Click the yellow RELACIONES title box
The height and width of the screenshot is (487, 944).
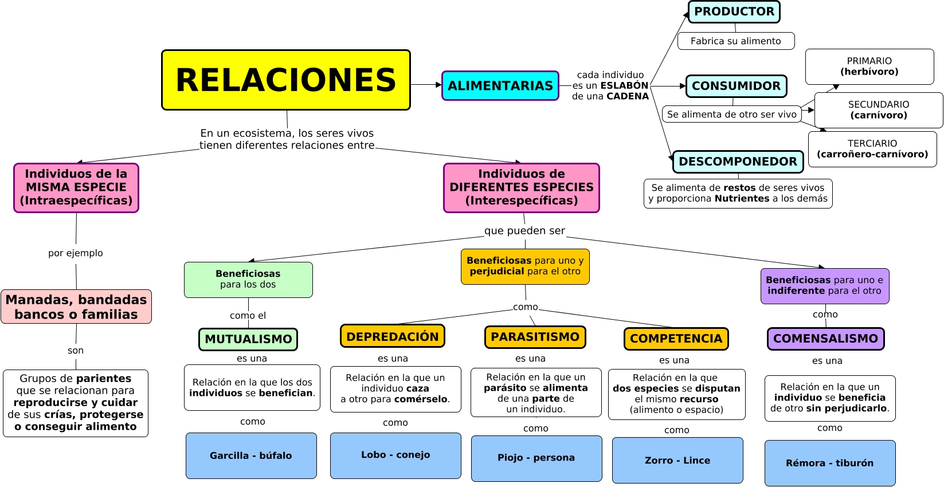tap(285, 80)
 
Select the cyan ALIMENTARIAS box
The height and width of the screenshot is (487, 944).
tap(500, 85)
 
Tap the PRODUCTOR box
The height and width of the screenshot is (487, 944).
tap(734, 11)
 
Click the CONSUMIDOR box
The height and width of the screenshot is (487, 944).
tap(736, 86)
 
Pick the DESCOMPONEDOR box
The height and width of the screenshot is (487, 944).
tap(738, 162)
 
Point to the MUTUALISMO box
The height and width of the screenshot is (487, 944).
tap(248, 339)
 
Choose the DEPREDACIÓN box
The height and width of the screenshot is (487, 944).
tap(392, 336)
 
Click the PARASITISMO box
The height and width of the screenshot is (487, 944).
tap(535, 337)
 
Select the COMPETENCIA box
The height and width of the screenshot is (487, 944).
tap(676, 339)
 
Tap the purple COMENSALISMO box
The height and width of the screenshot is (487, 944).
tap(825, 339)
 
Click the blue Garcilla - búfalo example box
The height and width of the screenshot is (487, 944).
tap(251, 455)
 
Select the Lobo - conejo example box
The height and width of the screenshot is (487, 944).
tap(395, 455)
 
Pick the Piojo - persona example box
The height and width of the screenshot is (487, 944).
tap(536, 458)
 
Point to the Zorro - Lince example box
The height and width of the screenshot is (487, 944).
tap(677, 460)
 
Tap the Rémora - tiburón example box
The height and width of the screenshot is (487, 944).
tap(829, 463)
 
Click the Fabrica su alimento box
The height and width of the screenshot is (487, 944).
tap(735, 41)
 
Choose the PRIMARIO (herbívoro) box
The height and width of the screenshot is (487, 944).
tap(869, 66)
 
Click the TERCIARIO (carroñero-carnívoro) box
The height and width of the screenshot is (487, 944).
tap(872, 149)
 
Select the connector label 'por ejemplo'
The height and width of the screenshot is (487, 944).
tap(76, 253)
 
